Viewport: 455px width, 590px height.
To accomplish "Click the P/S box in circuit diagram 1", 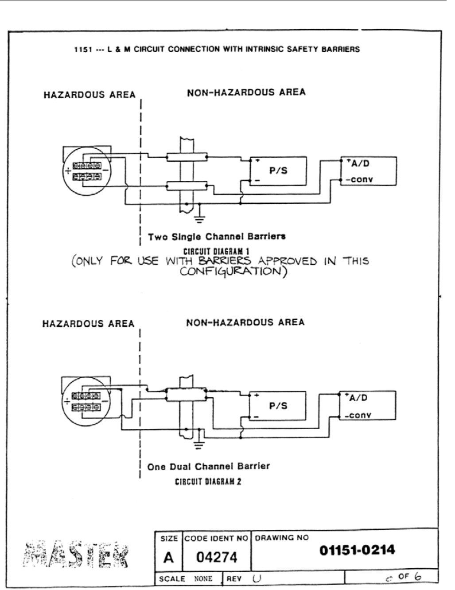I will (x=278, y=171).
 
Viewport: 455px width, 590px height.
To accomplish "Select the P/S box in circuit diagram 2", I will (x=278, y=406).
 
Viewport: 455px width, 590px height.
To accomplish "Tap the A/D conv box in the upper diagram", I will (x=368, y=171).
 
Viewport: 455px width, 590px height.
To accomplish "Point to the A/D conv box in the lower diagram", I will (x=367, y=406).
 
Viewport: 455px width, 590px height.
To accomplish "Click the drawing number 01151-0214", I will (x=357, y=551).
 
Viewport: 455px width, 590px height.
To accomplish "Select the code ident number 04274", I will (x=217, y=557).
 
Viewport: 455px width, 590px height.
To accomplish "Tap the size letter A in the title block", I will (x=168, y=557).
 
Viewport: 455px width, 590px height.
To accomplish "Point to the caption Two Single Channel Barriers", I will (x=217, y=237).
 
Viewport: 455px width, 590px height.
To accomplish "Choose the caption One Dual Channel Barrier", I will (x=208, y=466).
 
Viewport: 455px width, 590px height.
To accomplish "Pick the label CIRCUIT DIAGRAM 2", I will (x=208, y=481).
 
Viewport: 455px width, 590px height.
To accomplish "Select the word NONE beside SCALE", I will (x=203, y=579).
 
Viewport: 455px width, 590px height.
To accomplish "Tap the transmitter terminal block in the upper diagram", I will (x=87, y=171).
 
